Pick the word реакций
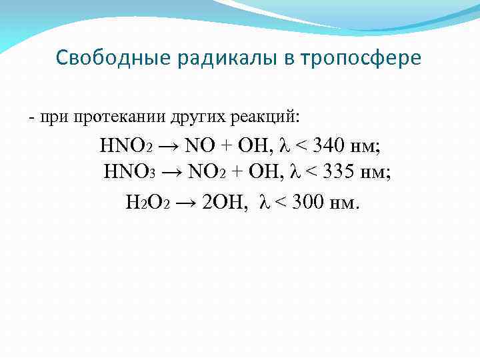pos(267,118)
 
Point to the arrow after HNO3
pos(172,173)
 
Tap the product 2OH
pos(225,201)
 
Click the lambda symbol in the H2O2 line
pos(263,201)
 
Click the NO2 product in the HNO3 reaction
pos(207,173)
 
